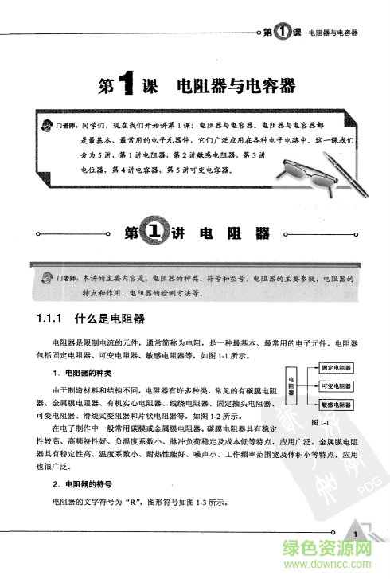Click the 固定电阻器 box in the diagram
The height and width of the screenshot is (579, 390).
tap(337, 369)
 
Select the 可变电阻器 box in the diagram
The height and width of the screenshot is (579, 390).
tap(337, 386)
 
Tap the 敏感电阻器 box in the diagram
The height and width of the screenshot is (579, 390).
tap(337, 405)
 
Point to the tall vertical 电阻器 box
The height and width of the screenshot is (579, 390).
tap(292, 386)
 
